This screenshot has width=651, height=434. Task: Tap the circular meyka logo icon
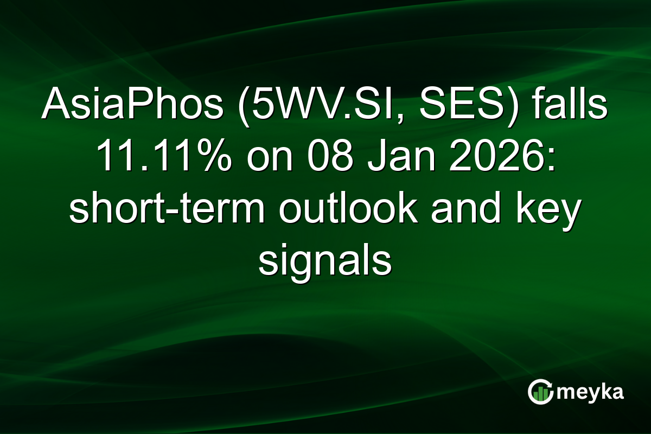click(x=540, y=392)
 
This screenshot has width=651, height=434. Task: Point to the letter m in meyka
click(x=567, y=393)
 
